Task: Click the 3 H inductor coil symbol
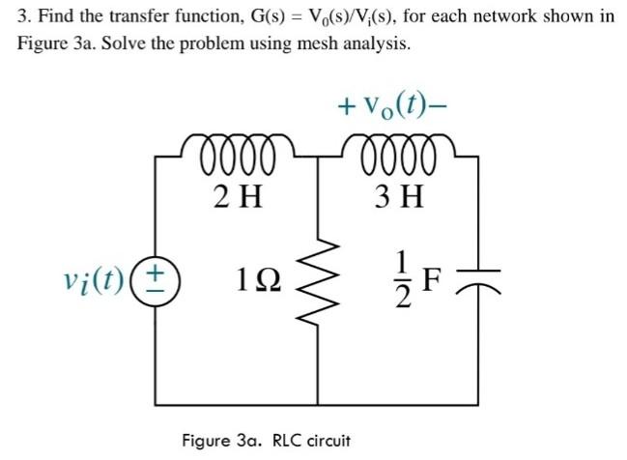(399, 154)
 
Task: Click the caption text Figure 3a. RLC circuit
(267, 441)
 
